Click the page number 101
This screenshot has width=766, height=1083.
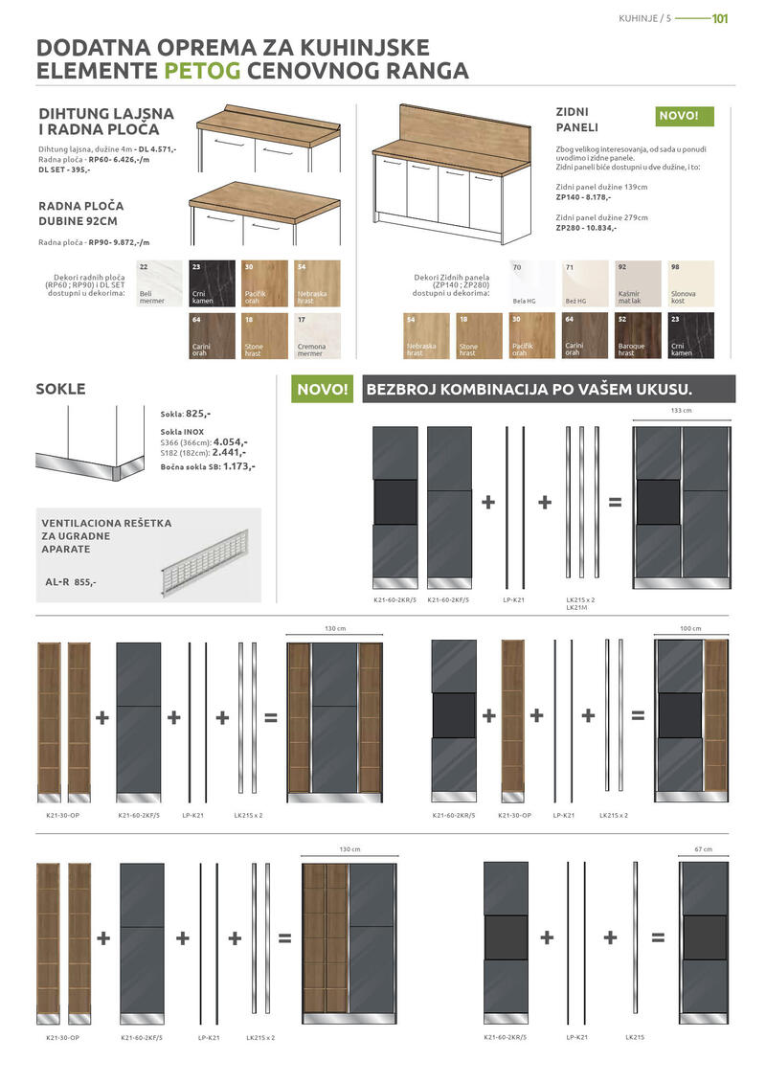tap(721, 18)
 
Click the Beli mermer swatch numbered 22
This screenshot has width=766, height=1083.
tap(157, 283)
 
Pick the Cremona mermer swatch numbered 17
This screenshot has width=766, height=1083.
tap(317, 336)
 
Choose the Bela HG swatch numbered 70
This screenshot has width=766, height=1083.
tap(531, 283)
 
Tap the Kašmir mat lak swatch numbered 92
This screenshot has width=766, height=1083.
tap(637, 283)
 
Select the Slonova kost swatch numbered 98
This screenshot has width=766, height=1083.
tap(689, 283)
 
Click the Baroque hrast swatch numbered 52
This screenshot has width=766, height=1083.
tap(637, 336)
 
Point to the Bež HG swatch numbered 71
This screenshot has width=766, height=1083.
tap(584, 283)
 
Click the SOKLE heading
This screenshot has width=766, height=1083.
tap(60, 389)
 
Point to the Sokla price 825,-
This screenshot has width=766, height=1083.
tap(197, 414)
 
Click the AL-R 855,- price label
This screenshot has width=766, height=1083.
tap(71, 581)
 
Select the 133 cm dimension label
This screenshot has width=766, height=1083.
tap(681, 410)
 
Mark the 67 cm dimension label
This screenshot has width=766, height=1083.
tap(704, 849)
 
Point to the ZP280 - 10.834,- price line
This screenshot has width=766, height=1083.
tap(586, 228)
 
